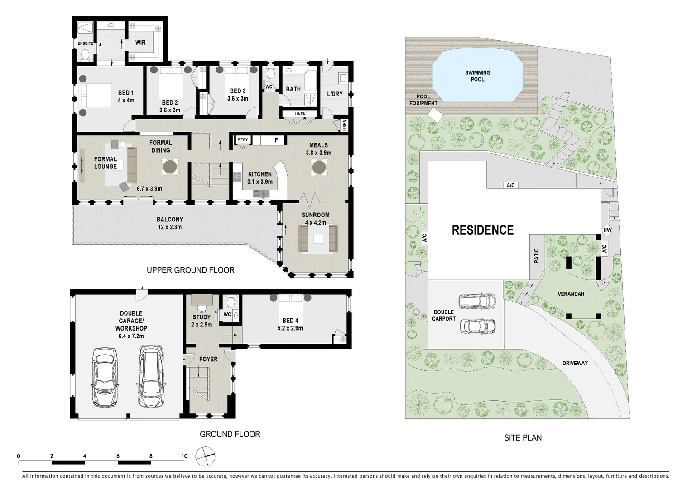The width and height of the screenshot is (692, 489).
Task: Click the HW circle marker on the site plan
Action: tap(607, 230)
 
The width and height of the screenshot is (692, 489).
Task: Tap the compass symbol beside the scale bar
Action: tap(206, 455)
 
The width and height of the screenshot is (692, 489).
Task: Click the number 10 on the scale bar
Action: tap(184, 456)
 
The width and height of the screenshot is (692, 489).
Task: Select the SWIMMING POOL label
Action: tap(477, 76)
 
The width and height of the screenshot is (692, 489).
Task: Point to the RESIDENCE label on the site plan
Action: tap(483, 230)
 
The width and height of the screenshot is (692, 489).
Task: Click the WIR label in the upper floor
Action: tap(140, 43)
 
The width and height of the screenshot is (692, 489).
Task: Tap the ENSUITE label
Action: tap(85, 43)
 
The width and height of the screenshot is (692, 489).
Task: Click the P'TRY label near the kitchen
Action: tap(242, 140)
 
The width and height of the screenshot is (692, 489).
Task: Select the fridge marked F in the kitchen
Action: tap(276, 140)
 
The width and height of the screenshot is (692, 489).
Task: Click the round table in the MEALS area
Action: tap(319, 168)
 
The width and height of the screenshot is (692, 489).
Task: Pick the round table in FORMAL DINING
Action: tap(171, 167)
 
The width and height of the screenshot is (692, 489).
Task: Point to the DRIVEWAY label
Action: tap(575, 363)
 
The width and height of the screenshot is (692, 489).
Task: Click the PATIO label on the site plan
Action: tap(537, 256)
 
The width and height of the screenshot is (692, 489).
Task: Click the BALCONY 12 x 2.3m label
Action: tap(170, 223)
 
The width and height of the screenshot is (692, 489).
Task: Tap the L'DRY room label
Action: tap(335, 94)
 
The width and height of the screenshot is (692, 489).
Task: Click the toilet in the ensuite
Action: tap(84, 55)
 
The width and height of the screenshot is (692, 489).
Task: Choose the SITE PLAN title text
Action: tap(523, 437)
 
